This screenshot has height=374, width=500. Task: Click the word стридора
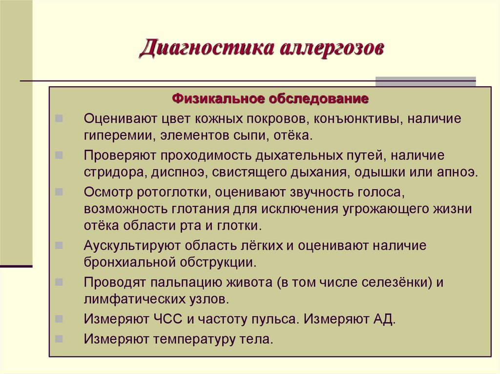click(x=112, y=173)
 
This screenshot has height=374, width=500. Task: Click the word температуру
click(x=194, y=338)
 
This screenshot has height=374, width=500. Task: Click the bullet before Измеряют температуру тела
click(x=59, y=337)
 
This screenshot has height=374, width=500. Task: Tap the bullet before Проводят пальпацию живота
click(x=59, y=281)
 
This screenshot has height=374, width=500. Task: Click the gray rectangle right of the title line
click(x=425, y=81)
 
